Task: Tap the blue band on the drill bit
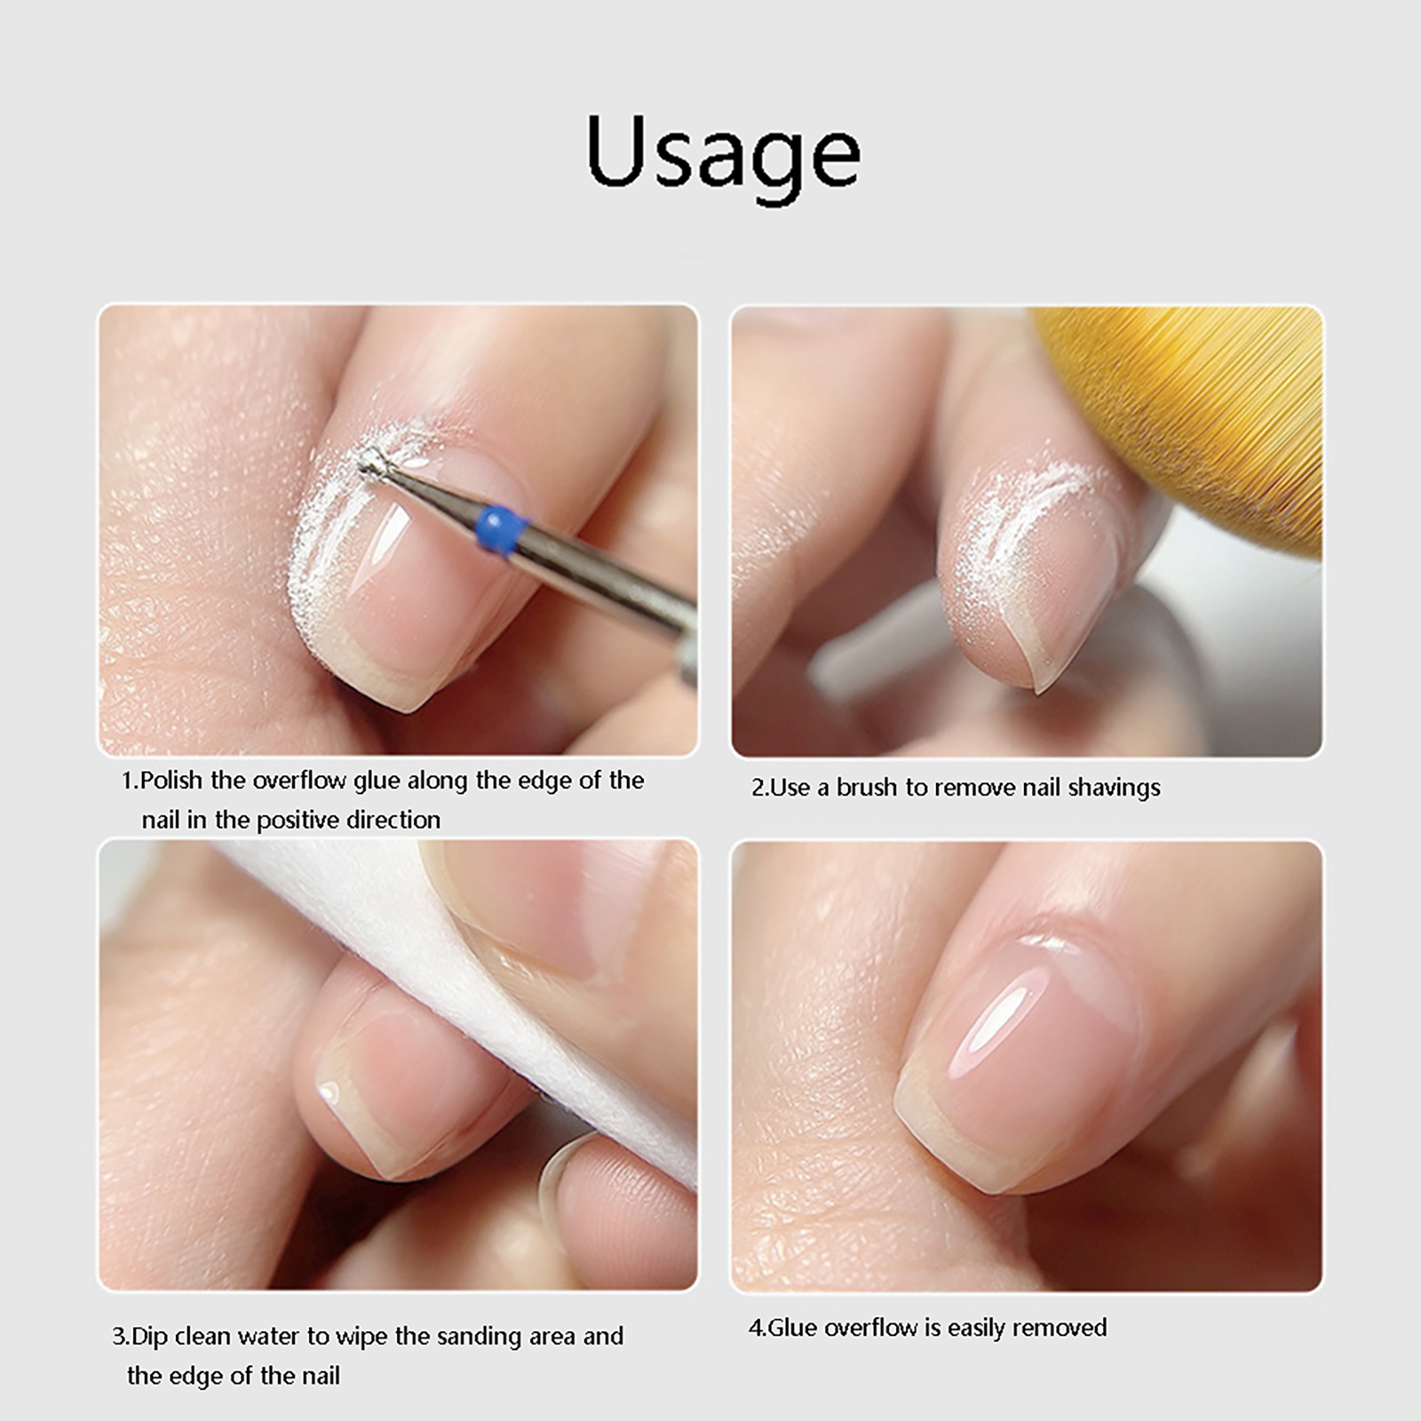pyautogui.click(x=501, y=530)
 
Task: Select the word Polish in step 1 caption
pyautogui.click(x=172, y=781)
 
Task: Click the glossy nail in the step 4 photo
pyautogui.click(x=1021, y=1057)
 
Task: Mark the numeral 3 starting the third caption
pyautogui.click(x=119, y=1337)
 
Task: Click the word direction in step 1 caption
pyautogui.click(x=393, y=820)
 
